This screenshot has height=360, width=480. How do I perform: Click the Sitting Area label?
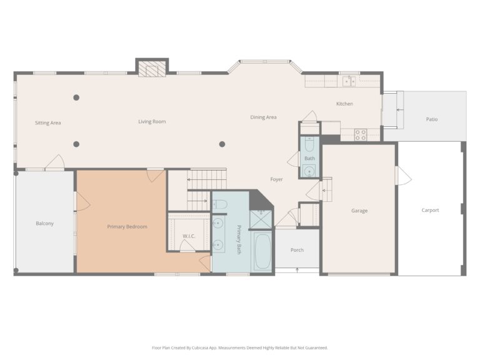(x=47, y=123)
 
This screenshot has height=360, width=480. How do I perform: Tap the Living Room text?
(x=152, y=121)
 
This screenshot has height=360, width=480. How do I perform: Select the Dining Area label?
(x=263, y=117)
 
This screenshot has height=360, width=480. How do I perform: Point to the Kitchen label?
(x=344, y=104)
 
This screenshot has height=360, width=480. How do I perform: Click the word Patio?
(x=432, y=119)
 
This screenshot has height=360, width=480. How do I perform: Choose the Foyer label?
(x=276, y=179)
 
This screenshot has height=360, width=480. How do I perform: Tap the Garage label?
(x=359, y=211)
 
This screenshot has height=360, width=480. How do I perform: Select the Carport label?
(x=430, y=211)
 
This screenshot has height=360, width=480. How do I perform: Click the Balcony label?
(x=44, y=223)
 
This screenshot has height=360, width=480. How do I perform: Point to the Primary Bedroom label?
(x=127, y=226)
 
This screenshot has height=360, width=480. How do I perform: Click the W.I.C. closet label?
(x=189, y=236)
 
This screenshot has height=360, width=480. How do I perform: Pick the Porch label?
(x=297, y=250)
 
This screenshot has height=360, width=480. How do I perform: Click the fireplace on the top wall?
(x=152, y=68)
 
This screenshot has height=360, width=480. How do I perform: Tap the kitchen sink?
(x=349, y=81)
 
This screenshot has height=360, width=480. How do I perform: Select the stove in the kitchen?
(x=361, y=134)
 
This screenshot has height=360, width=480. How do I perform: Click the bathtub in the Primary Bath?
(x=261, y=251)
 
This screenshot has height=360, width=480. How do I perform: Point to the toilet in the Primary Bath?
(x=219, y=204)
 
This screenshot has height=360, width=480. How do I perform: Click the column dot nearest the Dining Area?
(x=222, y=144)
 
